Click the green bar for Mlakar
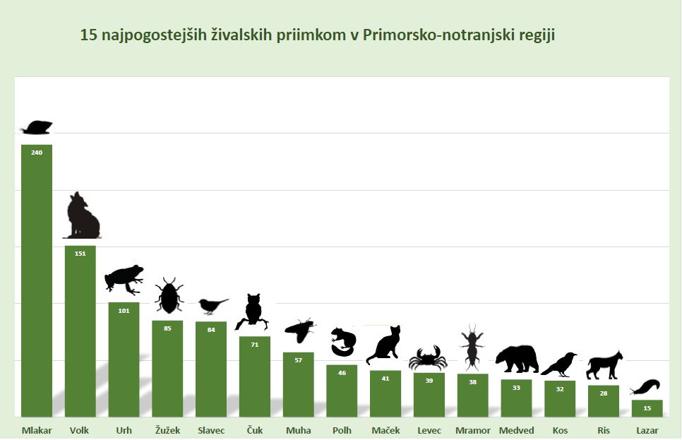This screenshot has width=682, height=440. point(37,283)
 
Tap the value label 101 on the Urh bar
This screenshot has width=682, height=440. point(124,310)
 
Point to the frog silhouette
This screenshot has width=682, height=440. point(124,278)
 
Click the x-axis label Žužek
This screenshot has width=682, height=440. point(167,430)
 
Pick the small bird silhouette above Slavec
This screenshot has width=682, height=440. point(212,305)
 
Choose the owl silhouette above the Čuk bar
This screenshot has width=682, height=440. point(253,311)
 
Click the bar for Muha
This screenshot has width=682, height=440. point(299,385)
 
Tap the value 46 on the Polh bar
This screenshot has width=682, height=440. point(342,372)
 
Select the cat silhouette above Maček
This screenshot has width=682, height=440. point(384,346)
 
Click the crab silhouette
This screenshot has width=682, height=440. point(428,358)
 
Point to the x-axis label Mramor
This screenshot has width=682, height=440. point(473,430)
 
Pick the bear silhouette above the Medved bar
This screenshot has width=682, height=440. point(516,358)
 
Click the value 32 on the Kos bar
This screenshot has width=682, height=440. point(560,388)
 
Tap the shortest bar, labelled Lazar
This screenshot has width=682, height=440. point(647,408)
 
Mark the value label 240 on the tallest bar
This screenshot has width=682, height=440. point(37,152)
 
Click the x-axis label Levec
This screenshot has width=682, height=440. point(429,430)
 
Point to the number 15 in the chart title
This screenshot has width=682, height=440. point(88,35)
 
